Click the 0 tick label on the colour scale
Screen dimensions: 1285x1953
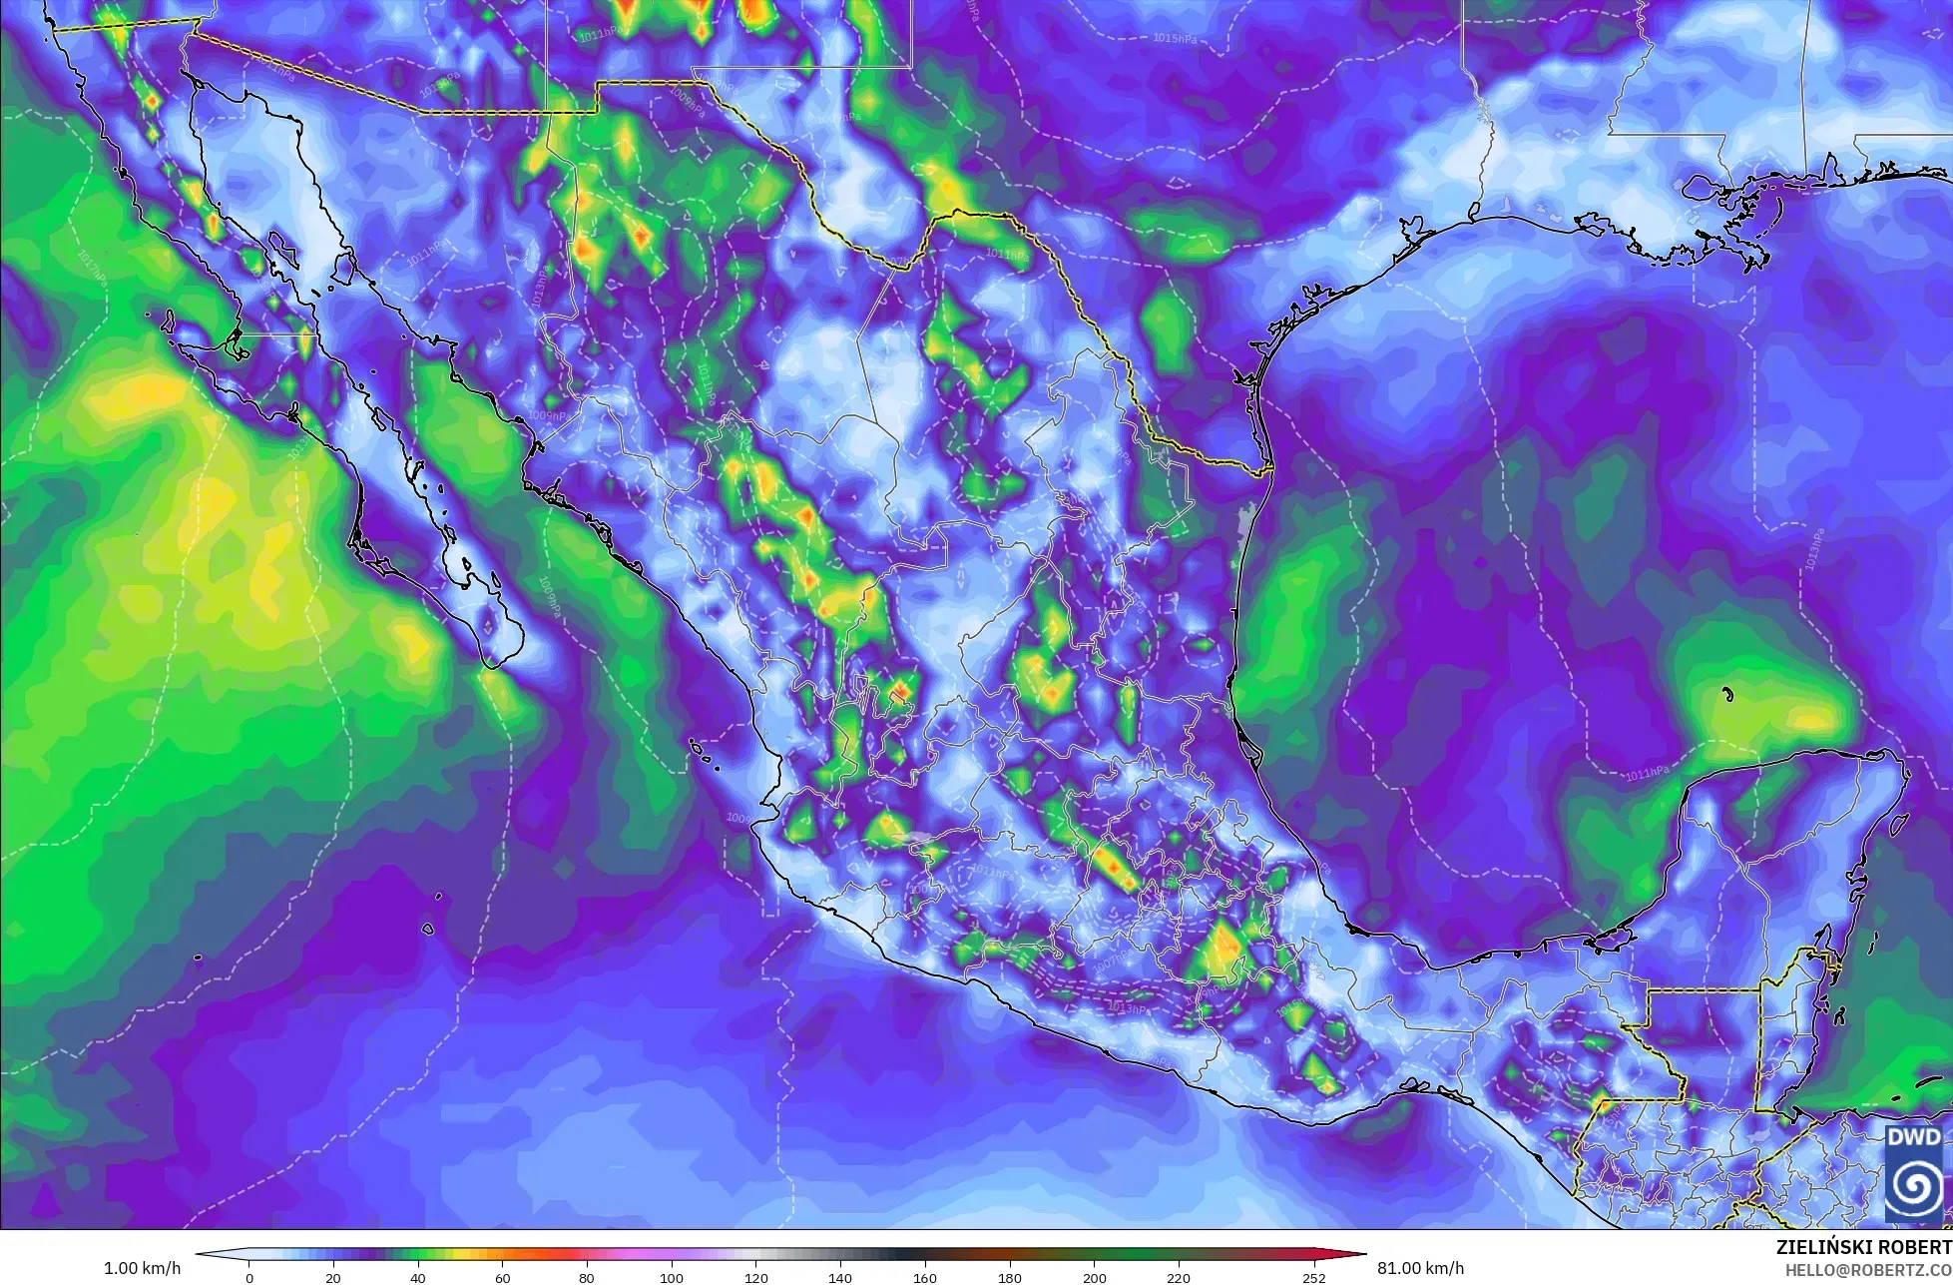[249, 1277]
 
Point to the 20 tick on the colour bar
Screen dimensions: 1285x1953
[333, 1277]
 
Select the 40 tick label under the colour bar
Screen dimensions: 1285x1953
[418, 1277]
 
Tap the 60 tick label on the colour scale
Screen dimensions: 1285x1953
[503, 1277]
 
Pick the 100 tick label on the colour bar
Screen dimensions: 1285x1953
[672, 1277]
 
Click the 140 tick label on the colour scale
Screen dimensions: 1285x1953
[840, 1277]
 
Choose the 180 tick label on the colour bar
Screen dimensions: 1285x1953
[1010, 1277]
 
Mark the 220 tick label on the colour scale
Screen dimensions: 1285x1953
[1179, 1277]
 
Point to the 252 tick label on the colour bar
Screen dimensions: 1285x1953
[1313, 1277]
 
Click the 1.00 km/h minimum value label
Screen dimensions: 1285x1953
[143, 1268]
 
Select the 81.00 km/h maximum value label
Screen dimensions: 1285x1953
[1421, 1268]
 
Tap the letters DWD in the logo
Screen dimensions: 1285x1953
[1913, 1138]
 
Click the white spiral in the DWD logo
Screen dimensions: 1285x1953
[1913, 1188]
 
